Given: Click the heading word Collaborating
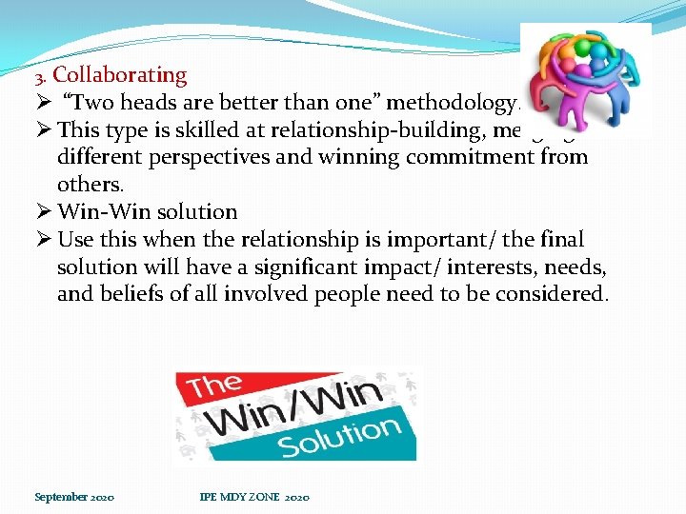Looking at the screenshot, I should point(120,75).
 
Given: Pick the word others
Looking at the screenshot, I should point(89,183).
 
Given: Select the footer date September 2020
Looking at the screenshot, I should point(74,497).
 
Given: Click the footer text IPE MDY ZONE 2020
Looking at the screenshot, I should point(253,497).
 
